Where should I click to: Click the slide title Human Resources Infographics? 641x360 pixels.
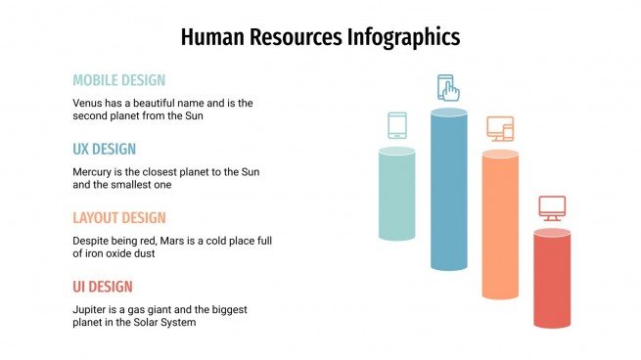click(320, 37)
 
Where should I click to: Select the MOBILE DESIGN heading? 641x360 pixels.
click(118, 80)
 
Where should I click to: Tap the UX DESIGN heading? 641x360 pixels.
click(104, 149)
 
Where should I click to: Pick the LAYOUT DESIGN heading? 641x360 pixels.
click(119, 217)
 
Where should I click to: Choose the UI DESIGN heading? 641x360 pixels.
click(102, 287)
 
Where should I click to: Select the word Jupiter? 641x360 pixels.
click(92, 309)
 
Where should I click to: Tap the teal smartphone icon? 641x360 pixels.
click(396, 125)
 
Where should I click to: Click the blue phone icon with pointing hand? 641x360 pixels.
click(448, 88)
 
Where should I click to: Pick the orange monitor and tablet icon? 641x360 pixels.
click(500, 128)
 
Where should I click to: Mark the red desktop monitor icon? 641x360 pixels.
click(552, 208)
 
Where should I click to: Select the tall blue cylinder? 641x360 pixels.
click(448, 190)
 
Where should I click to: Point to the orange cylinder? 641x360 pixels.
click(500, 225)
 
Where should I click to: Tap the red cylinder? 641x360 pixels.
click(552, 279)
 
